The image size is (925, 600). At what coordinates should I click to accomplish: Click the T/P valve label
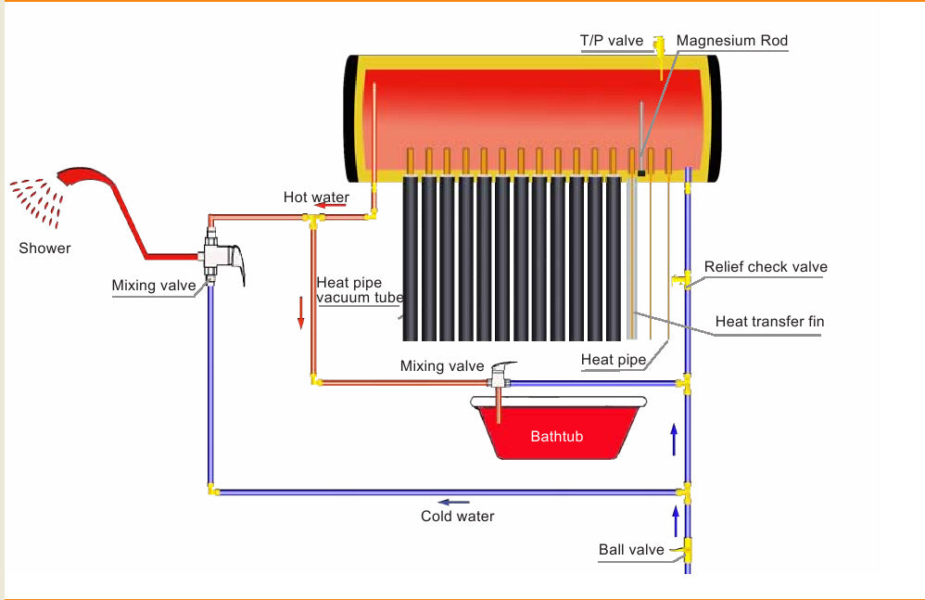click(x=611, y=40)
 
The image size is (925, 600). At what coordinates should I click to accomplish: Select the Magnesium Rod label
click(x=731, y=40)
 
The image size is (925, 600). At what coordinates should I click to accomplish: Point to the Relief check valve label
click(x=765, y=267)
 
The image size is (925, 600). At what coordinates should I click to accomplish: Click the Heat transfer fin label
click(x=769, y=322)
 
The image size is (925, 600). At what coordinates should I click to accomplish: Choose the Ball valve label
click(x=631, y=550)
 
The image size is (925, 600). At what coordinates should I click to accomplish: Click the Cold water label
click(x=457, y=516)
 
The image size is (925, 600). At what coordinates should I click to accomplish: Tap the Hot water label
click(x=316, y=197)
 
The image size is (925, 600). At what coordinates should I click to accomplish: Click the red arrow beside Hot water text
click(x=335, y=209)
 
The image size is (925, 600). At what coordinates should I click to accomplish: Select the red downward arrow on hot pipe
click(x=300, y=316)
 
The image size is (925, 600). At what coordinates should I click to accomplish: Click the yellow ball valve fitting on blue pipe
click(x=687, y=550)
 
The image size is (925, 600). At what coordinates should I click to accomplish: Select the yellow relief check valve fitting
click(x=686, y=278)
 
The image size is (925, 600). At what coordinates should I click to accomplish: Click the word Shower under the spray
click(x=44, y=249)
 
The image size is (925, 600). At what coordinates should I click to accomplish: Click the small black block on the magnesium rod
click(x=640, y=172)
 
